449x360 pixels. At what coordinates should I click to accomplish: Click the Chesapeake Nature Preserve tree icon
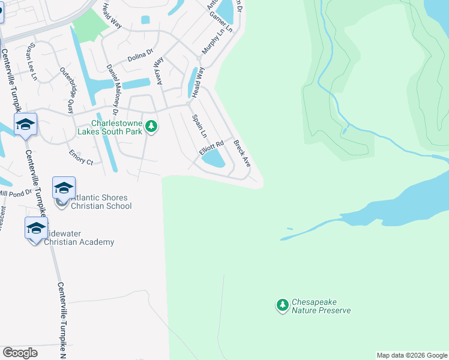(282, 305)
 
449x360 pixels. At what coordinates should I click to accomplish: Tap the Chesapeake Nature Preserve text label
(321, 307)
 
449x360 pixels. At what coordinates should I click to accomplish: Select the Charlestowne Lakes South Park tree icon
(152, 127)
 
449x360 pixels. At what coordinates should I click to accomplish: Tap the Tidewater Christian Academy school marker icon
(36, 229)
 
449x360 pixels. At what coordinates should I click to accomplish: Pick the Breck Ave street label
(241, 154)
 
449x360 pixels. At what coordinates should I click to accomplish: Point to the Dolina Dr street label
(140, 56)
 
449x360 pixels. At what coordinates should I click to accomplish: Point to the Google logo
(20, 353)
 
